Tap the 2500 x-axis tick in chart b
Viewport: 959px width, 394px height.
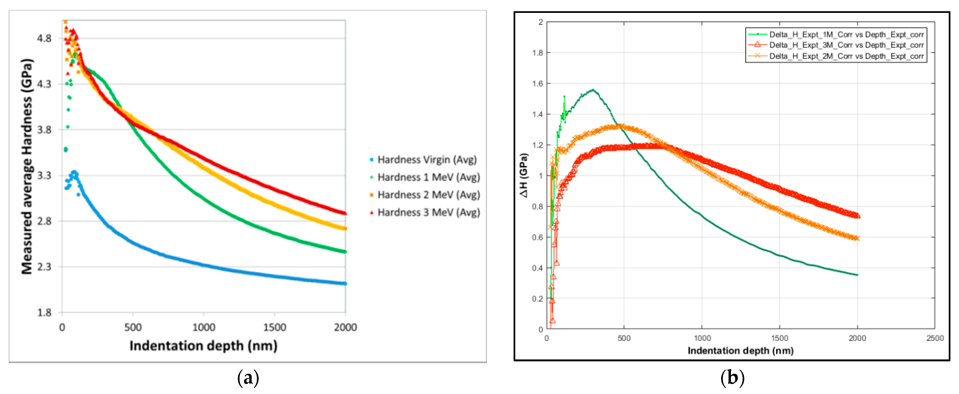coord(935,338)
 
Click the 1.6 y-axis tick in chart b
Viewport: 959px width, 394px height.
coord(537,84)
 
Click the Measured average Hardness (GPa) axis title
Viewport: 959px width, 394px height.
coord(27,166)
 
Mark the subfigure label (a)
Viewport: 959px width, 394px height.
coord(248,378)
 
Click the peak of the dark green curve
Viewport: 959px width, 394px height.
coord(593,90)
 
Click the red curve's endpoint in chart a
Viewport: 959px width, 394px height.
coord(345,213)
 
